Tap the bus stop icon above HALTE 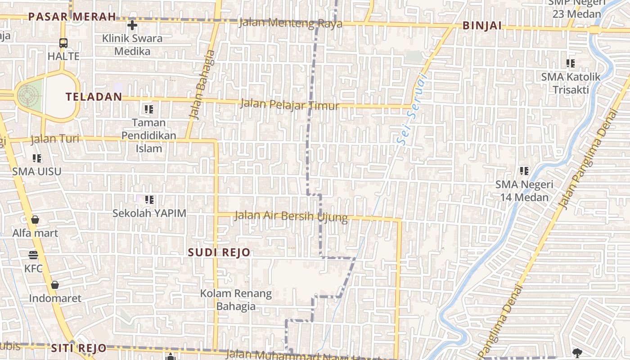click(x=63, y=43)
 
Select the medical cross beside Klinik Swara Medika click(x=132, y=25)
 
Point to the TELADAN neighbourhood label click(x=94, y=97)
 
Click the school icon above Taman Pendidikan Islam click(x=149, y=109)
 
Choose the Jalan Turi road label click(x=55, y=139)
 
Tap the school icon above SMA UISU click(x=37, y=158)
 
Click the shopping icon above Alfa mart click(x=35, y=220)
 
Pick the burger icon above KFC click(x=33, y=255)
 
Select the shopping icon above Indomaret click(x=55, y=285)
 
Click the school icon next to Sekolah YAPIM click(x=149, y=199)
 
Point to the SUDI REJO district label click(x=219, y=252)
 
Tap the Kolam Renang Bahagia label click(x=236, y=300)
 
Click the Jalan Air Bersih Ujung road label click(x=291, y=216)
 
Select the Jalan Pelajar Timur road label click(x=290, y=105)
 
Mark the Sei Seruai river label click(x=412, y=109)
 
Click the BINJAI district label click(x=482, y=26)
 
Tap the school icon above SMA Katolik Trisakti click(x=571, y=63)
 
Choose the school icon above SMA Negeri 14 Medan click(x=524, y=171)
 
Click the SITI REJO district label click(x=79, y=348)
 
